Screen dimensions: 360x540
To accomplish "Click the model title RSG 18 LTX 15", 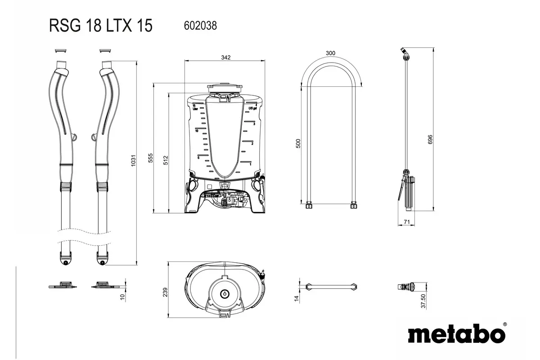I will pos(100,26).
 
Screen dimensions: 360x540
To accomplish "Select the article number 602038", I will pos(200,26).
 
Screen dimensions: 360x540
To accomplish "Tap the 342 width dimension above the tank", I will pos(226,58).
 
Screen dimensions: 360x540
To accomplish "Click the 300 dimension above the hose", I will pos(330,53).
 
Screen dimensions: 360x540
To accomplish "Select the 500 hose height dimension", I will pos(298,144).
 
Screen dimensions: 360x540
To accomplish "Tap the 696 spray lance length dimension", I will pos(430,139).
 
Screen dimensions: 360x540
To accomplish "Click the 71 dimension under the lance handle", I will pos(406,221).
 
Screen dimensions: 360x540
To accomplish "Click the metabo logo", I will pos(456,334).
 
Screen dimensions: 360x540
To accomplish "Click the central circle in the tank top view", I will pos(224,293).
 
